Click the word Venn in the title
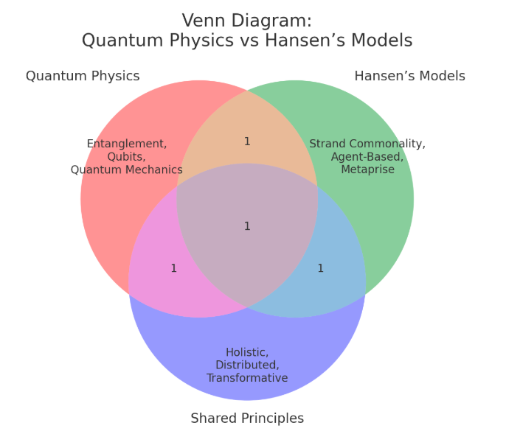[x=204, y=21]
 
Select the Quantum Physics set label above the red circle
[x=83, y=76]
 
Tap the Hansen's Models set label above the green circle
[x=409, y=76]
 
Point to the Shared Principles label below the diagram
[x=247, y=419]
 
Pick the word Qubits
[x=127, y=157]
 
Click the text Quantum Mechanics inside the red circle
[x=127, y=170]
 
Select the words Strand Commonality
[x=367, y=144]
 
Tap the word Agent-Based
[x=367, y=157]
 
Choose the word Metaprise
[x=367, y=170]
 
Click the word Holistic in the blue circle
[x=247, y=352]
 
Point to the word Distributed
[x=247, y=365]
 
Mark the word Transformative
[x=247, y=379]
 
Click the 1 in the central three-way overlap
[x=247, y=226]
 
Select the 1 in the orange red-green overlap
[x=247, y=141]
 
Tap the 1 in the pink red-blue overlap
[x=174, y=269]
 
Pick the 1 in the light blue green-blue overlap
[x=320, y=269]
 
